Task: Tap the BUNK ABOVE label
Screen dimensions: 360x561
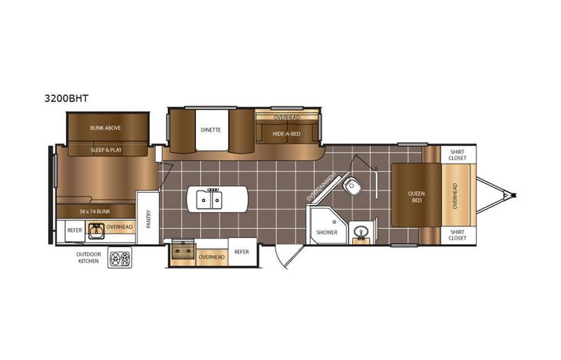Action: (x=106, y=127)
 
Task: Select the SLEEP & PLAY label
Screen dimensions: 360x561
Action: (x=106, y=150)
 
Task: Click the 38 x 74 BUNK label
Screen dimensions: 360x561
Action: (x=94, y=210)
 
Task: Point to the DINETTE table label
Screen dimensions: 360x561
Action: (x=212, y=130)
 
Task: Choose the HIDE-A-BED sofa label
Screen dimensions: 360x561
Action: (x=286, y=134)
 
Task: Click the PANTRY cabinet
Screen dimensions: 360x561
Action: (x=148, y=220)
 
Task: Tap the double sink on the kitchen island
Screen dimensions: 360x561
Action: (x=208, y=200)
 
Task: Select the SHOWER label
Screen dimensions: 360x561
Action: (x=327, y=231)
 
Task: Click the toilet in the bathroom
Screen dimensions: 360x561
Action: (x=353, y=185)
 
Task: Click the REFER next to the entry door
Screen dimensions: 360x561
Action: (x=242, y=252)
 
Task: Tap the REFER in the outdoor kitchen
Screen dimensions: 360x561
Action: (x=74, y=229)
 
